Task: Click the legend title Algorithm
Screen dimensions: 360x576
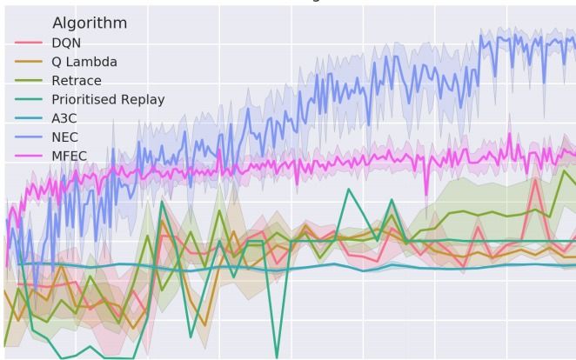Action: click(x=90, y=23)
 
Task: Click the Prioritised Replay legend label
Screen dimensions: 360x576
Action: click(x=108, y=100)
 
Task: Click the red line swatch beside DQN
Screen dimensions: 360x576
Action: click(x=30, y=43)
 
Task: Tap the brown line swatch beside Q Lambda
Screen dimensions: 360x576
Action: click(x=30, y=62)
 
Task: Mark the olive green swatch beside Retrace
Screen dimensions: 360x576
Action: click(x=30, y=81)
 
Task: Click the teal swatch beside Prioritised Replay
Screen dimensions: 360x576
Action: click(x=30, y=100)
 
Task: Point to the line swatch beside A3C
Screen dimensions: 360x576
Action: click(x=30, y=118)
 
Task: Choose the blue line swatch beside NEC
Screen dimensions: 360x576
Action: click(x=30, y=137)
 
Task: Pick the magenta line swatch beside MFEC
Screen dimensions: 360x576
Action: click(x=30, y=157)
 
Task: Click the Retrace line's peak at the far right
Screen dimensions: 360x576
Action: click(x=564, y=170)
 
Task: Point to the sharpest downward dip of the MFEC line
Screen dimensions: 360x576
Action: click(x=426, y=194)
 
